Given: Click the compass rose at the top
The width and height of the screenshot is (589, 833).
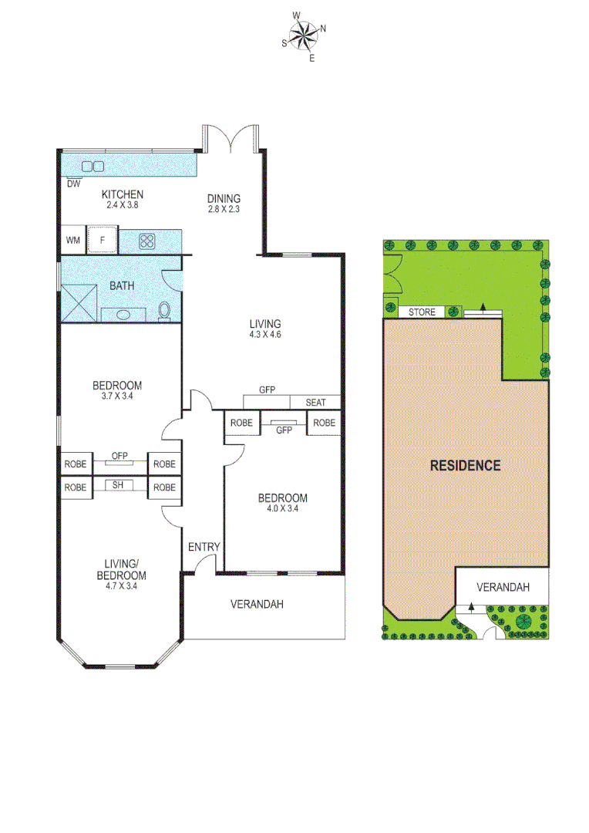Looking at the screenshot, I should point(304,35).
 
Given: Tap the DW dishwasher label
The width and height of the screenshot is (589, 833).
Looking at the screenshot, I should point(73,184).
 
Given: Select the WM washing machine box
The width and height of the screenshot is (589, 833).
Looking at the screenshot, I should point(73,241).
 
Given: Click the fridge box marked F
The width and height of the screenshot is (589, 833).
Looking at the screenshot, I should point(101,241).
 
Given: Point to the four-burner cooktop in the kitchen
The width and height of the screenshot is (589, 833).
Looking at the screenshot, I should point(147,241).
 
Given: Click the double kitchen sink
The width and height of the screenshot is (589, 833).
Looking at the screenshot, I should point(93,166).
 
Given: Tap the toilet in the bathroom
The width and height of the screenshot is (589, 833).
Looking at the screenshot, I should point(164,311).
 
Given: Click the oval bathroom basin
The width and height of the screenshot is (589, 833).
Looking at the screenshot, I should point(122,314).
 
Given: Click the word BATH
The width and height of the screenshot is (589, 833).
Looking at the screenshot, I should point(121,285).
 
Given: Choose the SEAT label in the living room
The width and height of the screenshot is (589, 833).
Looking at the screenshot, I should point(315,403).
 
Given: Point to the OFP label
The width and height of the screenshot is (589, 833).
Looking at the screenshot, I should point(119,456).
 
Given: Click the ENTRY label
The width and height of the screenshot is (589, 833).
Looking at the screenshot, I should point(204,547).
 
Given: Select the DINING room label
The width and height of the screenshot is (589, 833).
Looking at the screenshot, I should point(224,198).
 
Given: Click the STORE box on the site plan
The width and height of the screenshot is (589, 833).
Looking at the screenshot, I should point(422,312).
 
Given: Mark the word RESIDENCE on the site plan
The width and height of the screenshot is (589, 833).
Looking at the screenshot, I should point(465,465).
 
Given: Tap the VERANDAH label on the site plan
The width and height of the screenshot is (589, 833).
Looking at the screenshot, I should point(503,587).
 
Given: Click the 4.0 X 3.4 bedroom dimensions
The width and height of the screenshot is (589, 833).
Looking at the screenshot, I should point(282,508).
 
